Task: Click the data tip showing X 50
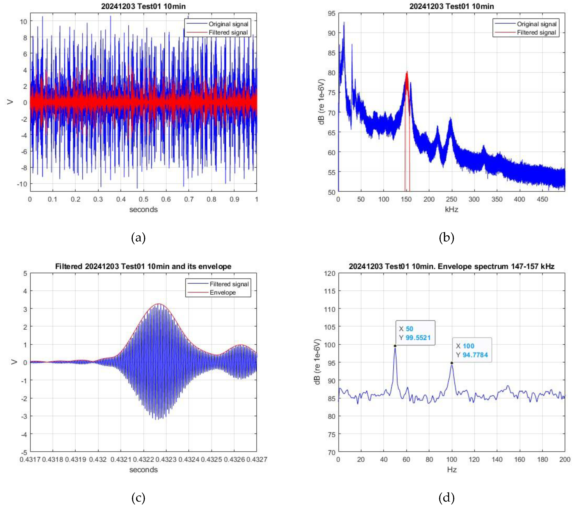(415, 333)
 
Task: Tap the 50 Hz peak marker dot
(395, 346)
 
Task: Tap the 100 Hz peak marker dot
(452, 363)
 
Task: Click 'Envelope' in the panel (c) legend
(222, 293)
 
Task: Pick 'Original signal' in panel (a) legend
(228, 24)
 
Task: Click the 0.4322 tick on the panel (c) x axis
(143, 459)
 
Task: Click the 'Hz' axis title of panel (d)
(452, 470)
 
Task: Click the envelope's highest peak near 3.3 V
(159, 304)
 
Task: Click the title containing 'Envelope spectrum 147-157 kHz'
(451, 266)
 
